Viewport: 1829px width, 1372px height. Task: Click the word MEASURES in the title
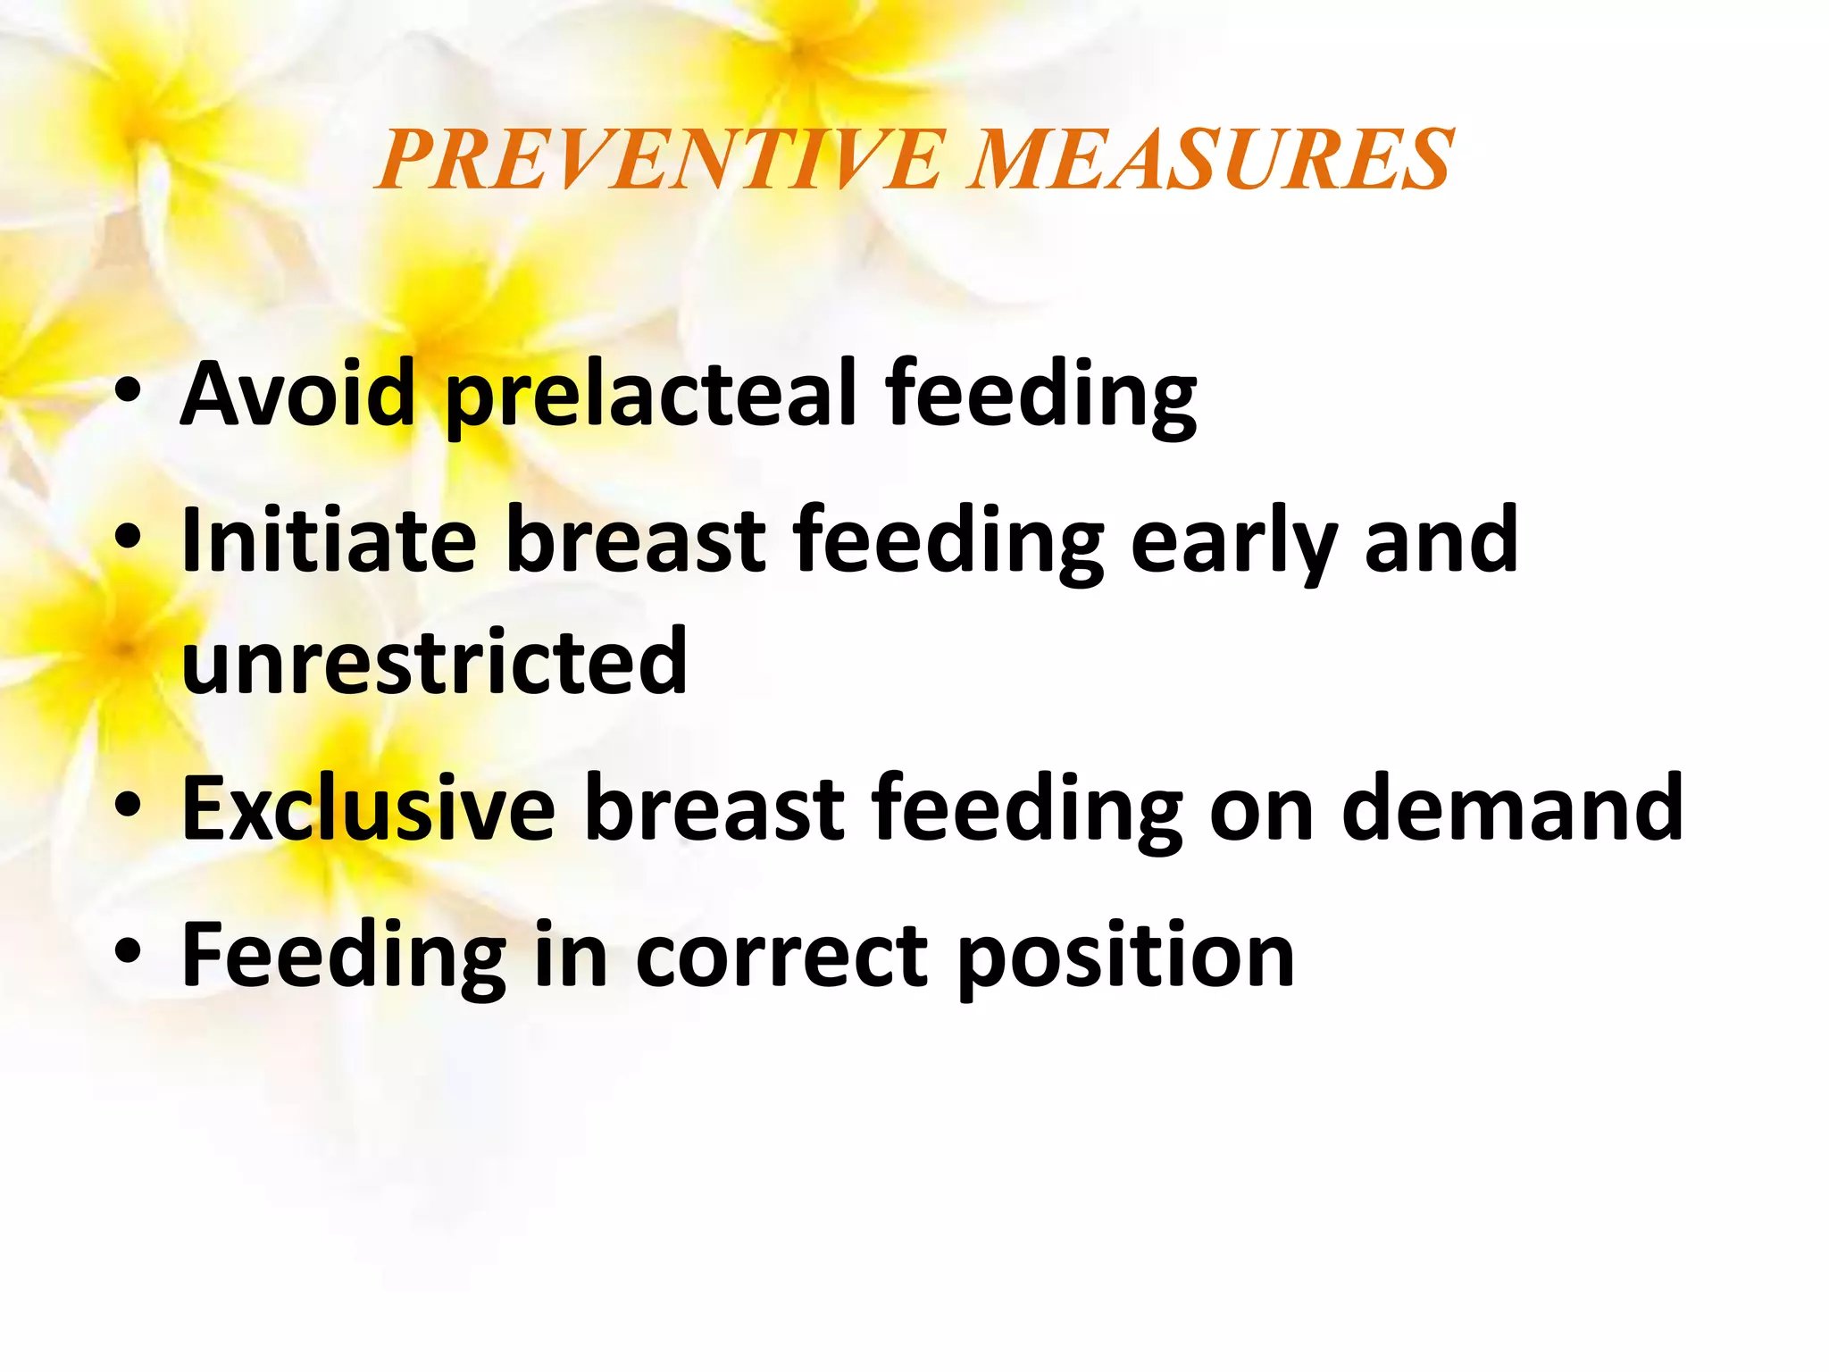tap(1211, 160)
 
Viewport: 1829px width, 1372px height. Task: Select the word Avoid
tap(298, 393)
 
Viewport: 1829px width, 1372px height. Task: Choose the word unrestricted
tap(435, 661)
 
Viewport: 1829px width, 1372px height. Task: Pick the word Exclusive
tap(368, 807)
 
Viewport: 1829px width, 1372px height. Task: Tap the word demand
tap(1512, 807)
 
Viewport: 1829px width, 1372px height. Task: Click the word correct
tap(782, 956)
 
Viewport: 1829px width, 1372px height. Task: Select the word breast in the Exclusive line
tap(714, 807)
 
